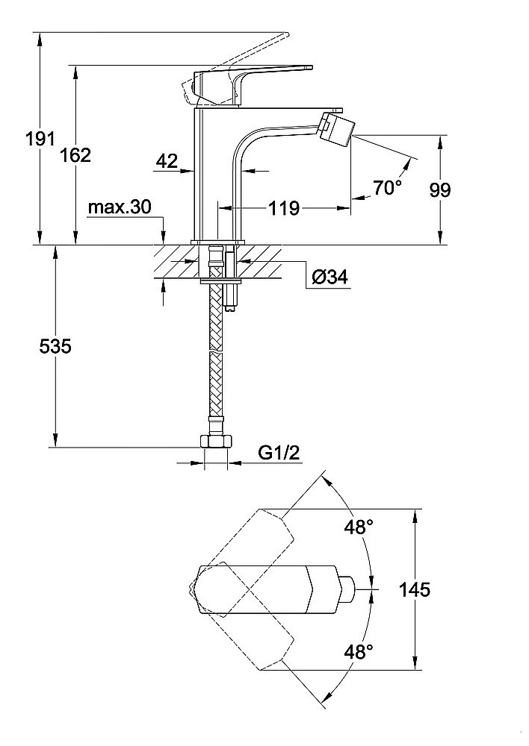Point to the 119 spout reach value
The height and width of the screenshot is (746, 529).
click(284, 207)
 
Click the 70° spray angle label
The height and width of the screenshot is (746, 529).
click(388, 188)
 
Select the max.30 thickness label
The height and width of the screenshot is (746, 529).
click(120, 207)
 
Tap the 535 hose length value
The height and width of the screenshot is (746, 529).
click(55, 346)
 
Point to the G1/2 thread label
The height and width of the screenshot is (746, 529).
click(279, 453)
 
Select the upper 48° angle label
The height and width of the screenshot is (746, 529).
click(358, 527)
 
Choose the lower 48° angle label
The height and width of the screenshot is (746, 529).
click(358, 652)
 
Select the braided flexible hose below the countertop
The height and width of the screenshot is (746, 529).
click(217, 358)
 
